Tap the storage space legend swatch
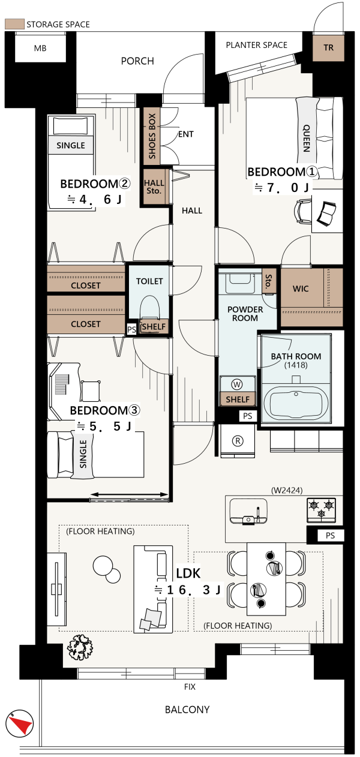click(x=14, y=24)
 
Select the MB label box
click(x=40, y=48)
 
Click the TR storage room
click(x=328, y=47)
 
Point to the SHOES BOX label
click(x=152, y=136)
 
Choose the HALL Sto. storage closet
click(x=154, y=187)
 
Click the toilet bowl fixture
click(x=149, y=308)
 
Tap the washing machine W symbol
click(x=237, y=384)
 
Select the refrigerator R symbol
click(x=238, y=441)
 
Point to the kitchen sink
click(x=248, y=510)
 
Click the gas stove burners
click(x=321, y=509)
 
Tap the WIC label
click(x=301, y=289)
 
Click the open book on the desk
click(x=326, y=214)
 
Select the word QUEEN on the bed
click(x=306, y=138)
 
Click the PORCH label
click(x=137, y=61)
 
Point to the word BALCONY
click(x=187, y=710)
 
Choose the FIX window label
click(x=190, y=687)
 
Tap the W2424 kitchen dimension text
click(x=287, y=490)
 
